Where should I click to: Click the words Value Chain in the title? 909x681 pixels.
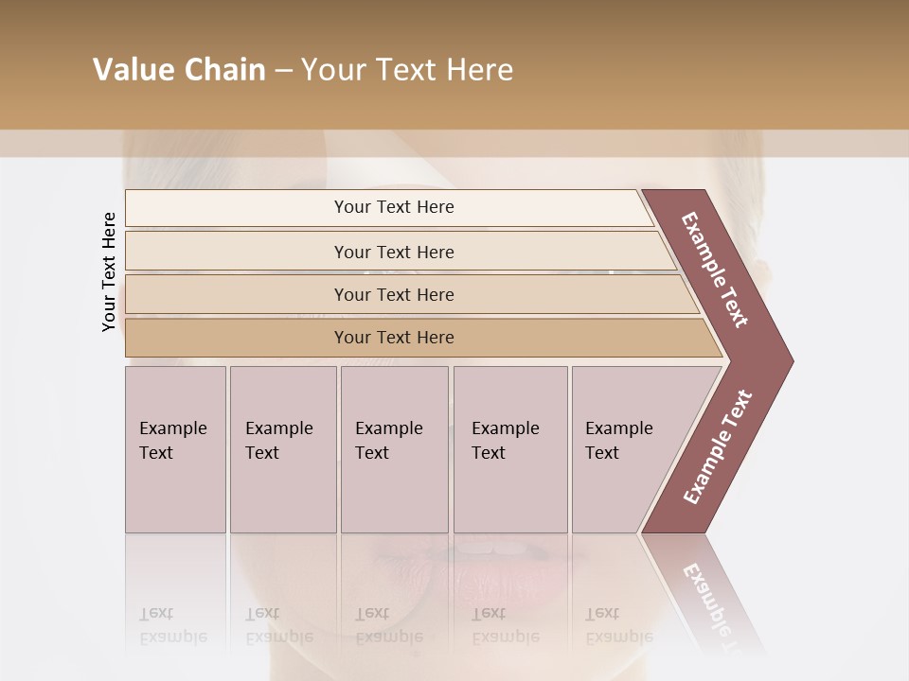[x=179, y=70]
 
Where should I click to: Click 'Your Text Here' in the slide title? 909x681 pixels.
[x=407, y=70]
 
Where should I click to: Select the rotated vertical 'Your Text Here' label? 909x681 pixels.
[x=109, y=271]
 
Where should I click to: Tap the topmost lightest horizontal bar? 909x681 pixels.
[x=394, y=207]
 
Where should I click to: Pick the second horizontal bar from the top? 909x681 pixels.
[x=394, y=252]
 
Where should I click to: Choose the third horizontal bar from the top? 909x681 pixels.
[x=394, y=294]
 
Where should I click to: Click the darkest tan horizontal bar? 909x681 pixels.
[x=394, y=338]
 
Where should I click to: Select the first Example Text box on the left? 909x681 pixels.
[x=175, y=449]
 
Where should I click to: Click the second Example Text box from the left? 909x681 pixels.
[x=282, y=449]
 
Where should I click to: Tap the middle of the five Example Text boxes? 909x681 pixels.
[x=394, y=449]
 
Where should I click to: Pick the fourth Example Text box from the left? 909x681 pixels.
[x=509, y=449]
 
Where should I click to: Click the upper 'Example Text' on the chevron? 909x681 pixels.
[x=715, y=270]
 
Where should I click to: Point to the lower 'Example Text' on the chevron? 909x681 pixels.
[x=717, y=447]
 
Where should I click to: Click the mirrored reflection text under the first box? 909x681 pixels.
[x=173, y=625]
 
